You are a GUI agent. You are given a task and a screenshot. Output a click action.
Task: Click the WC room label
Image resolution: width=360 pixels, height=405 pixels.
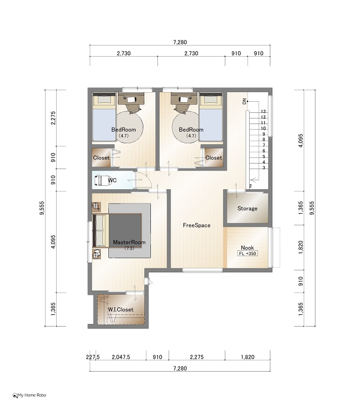tap(112, 180)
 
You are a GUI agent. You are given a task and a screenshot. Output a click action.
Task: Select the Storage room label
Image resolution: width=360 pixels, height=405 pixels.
tap(248, 209)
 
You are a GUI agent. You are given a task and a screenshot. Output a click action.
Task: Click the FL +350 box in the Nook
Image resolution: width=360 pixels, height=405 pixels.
tap(248, 254)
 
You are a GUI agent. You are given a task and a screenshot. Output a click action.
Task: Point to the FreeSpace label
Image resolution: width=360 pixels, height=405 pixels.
tap(196, 225)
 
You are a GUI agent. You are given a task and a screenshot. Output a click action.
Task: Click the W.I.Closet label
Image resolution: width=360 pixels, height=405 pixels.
tap(121, 309)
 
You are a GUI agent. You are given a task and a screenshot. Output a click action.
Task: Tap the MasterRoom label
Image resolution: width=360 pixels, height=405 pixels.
tap(129, 242)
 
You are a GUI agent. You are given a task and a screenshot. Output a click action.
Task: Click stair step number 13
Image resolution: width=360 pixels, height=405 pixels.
tap(263, 111)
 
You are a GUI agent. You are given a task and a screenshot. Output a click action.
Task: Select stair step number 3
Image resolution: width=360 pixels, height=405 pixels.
tap(264, 168)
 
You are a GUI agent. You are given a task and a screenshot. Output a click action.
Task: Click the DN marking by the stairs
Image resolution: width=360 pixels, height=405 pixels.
tap(245, 101)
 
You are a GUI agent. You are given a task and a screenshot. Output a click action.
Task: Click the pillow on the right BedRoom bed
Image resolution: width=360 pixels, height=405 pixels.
tap(211, 100)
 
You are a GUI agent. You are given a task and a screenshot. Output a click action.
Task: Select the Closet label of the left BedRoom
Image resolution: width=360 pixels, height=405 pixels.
tap(101, 157)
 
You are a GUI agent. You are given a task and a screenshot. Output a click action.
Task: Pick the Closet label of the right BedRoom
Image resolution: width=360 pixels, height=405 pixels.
tap(214, 157)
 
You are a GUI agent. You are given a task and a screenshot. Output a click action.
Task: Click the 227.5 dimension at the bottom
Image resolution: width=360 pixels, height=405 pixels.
tap(93, 357)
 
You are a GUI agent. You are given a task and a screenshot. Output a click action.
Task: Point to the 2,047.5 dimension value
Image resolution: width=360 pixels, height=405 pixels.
tap(121, 357)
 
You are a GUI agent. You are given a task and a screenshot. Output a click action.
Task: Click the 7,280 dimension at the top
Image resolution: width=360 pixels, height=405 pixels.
tap(180, 42)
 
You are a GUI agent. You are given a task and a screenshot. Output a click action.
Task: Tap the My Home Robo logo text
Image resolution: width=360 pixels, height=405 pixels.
tap(32, 395)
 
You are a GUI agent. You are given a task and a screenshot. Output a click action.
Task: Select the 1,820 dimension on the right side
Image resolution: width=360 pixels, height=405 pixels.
tap(301, 247)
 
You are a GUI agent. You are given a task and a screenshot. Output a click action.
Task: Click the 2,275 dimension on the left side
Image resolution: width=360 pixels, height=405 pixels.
tap(53, 118)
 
